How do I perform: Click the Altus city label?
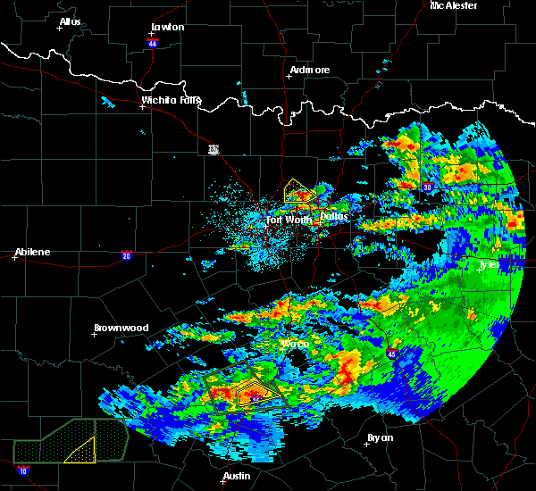[70, 21]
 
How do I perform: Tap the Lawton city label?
[167, 27]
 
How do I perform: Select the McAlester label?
[454, 5]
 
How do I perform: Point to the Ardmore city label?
[310, 70]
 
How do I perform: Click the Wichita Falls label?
[172, 100]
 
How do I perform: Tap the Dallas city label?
[334, 216]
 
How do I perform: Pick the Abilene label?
[31, 252]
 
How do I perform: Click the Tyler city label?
[488, 264]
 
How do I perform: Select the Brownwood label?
[121, 328]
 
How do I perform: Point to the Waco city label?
[295, 344]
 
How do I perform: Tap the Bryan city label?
[380, 437]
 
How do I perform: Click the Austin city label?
[236, 476]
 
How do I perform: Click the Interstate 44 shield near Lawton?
[153, 41]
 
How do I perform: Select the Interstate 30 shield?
[428, 187]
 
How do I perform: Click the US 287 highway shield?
[213, 148]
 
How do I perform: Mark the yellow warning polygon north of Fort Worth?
[297, 191]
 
